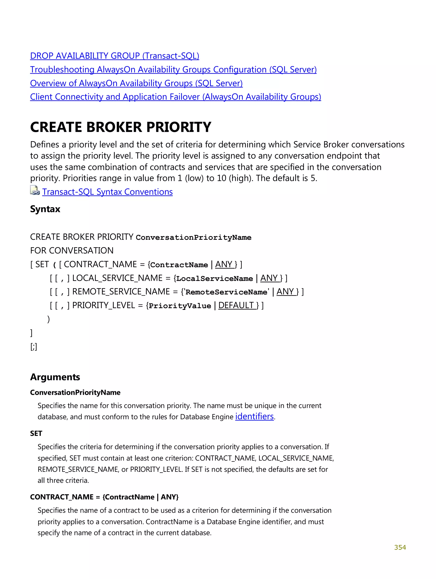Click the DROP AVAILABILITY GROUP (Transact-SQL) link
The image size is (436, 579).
click(114, 56)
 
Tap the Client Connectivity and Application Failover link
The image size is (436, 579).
click(175, 97)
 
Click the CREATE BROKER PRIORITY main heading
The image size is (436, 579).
click(120, 127)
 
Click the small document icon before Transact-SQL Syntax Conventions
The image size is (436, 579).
click(34, 191)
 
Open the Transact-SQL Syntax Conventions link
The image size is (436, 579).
click(107, 192)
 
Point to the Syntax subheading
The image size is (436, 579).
click(45, 209)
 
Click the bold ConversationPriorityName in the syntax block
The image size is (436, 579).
click(193, 237)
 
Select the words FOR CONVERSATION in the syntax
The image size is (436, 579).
click(72, 250)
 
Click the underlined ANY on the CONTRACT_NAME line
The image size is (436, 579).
click(224, 264)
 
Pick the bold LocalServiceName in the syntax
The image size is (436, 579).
click(214, 279)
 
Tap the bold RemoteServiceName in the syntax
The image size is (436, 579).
click(226, 292)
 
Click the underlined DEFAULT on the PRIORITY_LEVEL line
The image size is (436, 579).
click(236, 305)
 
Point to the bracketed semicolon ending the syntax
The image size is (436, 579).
click(33, 347)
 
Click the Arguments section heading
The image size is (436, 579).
click(55, 377)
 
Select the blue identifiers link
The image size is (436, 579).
click(254, 416)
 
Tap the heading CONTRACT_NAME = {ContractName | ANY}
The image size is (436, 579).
click(104, 497)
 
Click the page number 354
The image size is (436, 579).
click(400, 547)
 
